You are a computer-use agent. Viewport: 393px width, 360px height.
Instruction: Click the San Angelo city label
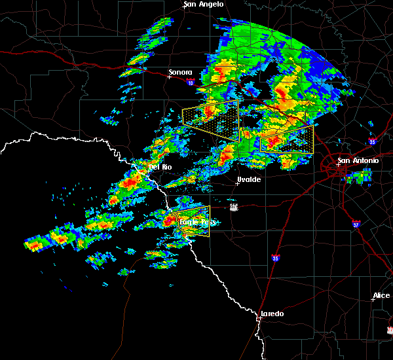(204, 5)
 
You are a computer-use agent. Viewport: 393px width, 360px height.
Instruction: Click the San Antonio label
(358, 160)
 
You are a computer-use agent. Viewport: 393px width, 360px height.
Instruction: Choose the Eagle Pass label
(197, 223)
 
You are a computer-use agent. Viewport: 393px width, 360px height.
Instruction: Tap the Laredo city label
(272, 314)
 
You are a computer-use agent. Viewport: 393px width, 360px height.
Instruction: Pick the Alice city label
(381, 296)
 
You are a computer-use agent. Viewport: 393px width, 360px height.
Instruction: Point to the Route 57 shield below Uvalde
(234, 206)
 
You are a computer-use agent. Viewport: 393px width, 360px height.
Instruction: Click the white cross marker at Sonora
(169, 77)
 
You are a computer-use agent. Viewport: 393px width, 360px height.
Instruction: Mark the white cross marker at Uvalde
(237, 183)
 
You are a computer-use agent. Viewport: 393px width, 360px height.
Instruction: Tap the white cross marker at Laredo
(260, 318)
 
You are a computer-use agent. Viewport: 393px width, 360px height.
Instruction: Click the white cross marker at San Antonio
(339, 165)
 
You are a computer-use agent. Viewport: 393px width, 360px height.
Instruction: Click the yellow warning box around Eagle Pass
(193, 221)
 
